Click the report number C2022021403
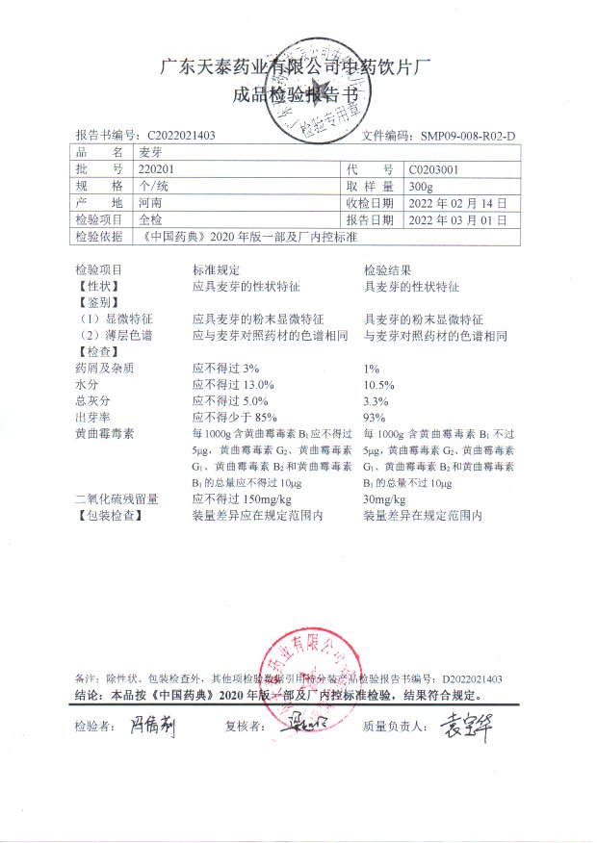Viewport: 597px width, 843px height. (179, 136)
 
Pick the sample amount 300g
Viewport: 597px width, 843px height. (421, 186)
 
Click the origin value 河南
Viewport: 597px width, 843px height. (150, 203)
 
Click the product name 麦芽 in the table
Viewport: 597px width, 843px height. (150, 152)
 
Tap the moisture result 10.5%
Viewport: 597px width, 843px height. (379, 384)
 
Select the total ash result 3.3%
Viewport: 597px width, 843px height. (376, 400)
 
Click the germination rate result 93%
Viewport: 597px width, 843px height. (373, 417)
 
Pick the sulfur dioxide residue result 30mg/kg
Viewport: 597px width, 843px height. (384, 500)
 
